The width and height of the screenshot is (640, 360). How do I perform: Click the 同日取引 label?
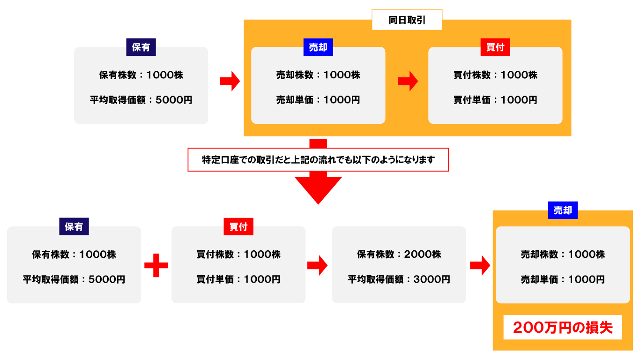[x=407, y=20]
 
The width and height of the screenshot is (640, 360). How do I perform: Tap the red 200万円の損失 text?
[x=563, y=327]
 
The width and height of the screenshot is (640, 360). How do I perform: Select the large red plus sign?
[x=156, y=265]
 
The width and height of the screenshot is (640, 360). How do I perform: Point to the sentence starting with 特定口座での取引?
[x=318, y=160]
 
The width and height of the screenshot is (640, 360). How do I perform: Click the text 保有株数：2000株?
[x=399, y=255]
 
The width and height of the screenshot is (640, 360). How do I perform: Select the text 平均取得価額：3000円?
[x=399, y=279]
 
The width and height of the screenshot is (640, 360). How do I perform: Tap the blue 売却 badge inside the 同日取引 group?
[x=318, y=47]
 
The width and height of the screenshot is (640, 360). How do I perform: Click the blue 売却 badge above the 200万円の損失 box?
[x=563, y=210]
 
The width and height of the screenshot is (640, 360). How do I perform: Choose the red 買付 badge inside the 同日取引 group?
[x=495, y=47]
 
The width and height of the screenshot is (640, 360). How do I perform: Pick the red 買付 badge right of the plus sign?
[x=238, y=227]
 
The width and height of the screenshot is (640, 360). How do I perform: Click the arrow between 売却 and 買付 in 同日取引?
[x=407, y=81]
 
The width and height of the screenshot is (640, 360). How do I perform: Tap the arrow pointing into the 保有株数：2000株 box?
[x=317, y=265]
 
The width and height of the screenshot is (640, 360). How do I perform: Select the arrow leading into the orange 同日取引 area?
[x=230, y=81]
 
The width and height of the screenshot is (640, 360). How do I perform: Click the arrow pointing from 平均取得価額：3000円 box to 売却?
[x=480, y=265]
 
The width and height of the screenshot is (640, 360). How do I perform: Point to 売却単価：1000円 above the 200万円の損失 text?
[x=563, y=279]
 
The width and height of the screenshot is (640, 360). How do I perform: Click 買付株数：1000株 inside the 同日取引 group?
[x=495, y=75]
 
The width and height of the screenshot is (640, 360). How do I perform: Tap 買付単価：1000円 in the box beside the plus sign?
[x=238, y=279]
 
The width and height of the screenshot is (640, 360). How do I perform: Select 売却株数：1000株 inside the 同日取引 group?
[x=318, y=75]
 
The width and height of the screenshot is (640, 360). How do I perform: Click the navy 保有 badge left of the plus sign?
[x=74, y=227]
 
